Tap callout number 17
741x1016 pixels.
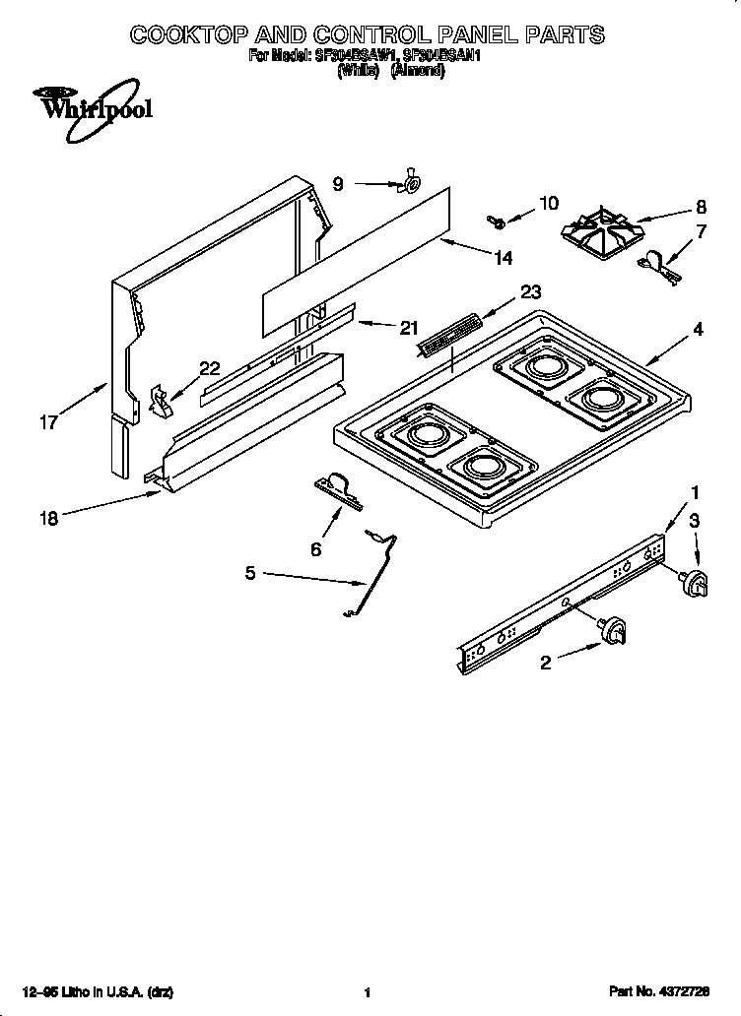pyautogui.click(x=48, y=423)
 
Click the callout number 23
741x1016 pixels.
pyautogui.click(x=531, y=291)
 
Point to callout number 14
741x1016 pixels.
pyautogui.click(x=503, y=258)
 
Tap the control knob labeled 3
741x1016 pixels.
pyautogui.click(x=698, y=583)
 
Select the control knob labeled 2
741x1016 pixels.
pyautogui.click(x=615, y=630)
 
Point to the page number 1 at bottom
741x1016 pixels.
pyautogui.click(x=367, y=992)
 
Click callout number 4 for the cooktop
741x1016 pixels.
pyautogui.click(x=698, y=330)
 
